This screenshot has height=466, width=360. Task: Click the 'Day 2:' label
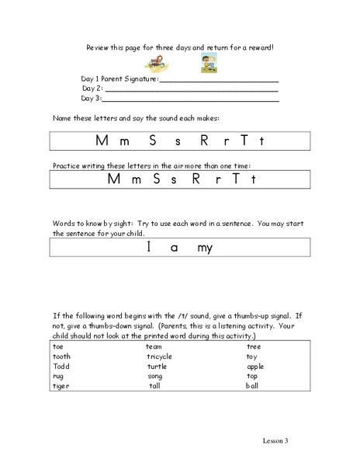tap(91, 89)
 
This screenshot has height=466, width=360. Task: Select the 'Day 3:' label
tap(91, 99)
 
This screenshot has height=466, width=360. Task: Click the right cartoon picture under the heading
tap(209, 64)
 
